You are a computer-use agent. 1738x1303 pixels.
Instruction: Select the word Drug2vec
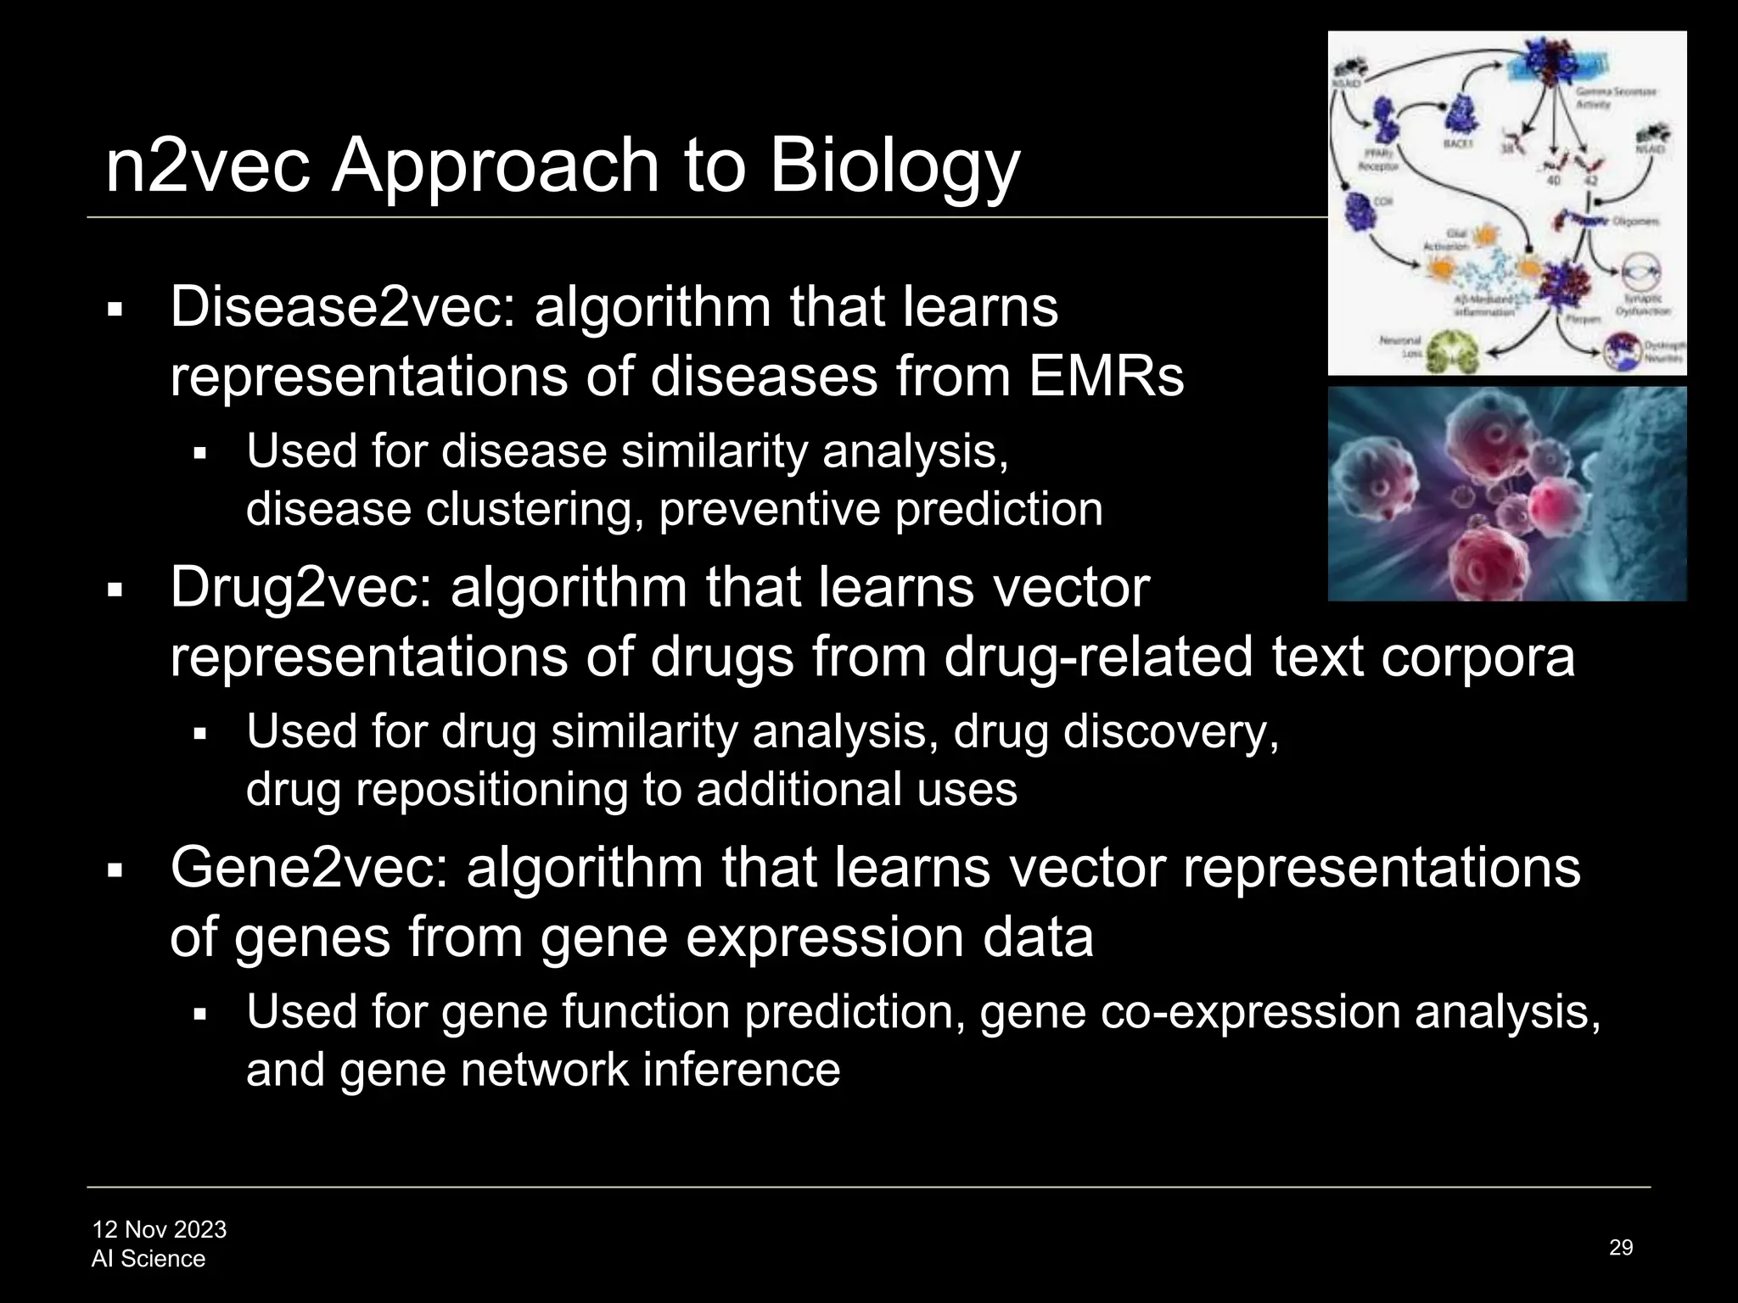click(300, 587)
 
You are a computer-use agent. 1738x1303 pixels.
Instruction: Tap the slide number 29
click(1620, 1247)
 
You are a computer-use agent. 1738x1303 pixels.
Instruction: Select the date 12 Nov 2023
click(160, 1229)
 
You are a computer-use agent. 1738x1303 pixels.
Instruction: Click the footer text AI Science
click(149, 1258)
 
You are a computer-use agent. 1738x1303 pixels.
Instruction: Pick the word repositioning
click(491, 790)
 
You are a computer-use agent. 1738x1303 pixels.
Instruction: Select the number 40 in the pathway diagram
click(1554, 181)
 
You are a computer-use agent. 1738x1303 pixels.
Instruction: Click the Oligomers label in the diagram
click(1636, 221)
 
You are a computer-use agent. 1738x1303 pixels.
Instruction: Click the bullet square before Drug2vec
click(115, 589)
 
